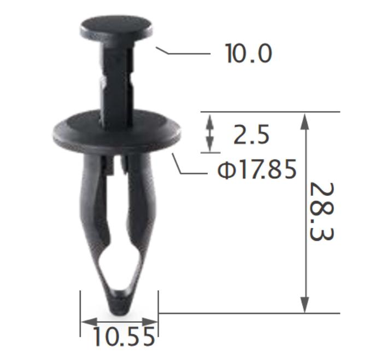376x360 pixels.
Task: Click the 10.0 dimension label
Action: pyautogui.click(x=248, y=54)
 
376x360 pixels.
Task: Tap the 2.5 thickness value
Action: pyautogui.click(x=251, y=135)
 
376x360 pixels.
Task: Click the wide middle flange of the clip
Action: pyautogui.click(x=117, y=132)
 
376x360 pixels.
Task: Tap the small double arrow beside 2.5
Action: pyautogui.click(x=209, y=133)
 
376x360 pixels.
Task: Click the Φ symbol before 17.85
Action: pyautogui.click(x=225, y=171)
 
